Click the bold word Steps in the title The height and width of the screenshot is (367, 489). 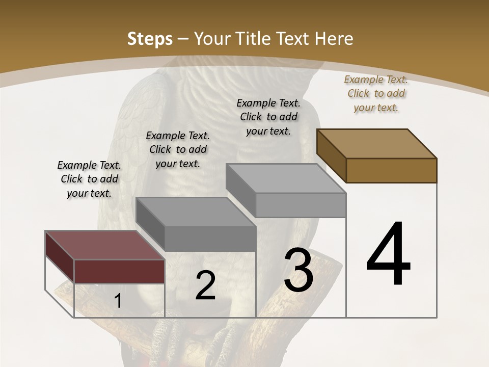click(x=150, y=39)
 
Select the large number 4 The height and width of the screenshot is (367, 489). click(x=388, y=255)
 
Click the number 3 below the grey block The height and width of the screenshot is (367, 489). click(x=298, y=271)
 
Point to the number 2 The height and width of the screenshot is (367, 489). click(x=205, y=285)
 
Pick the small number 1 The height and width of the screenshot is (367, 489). click(x=118, y=301)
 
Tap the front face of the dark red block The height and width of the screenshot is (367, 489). click(x=119, y=271)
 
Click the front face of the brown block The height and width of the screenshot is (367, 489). click(x=391, y=170)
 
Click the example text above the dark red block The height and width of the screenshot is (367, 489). click(x=89, y=179)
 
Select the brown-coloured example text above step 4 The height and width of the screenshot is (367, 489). click(x=376, y=93)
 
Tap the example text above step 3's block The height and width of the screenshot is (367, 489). click(x=268, y=117)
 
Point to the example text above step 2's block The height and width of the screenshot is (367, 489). click(x=178, y=149)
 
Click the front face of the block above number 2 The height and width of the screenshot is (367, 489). click(x=210, y=239)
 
